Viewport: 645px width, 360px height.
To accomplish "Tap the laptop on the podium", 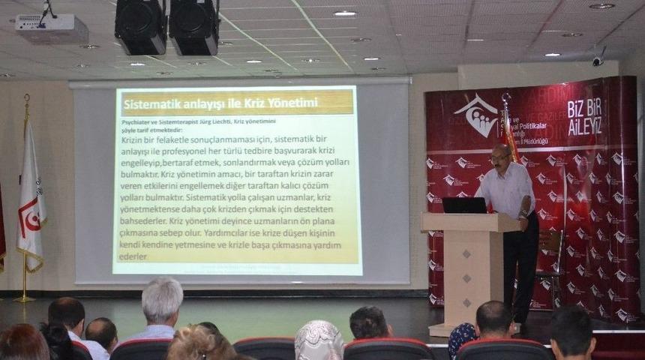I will coord(464,205).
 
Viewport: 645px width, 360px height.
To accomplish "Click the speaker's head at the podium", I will coord(500,157).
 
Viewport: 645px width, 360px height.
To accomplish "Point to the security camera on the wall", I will coord(598,58).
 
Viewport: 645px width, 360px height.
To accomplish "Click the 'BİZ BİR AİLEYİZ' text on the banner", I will coord(584,115).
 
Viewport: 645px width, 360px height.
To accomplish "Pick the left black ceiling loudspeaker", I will coord(140,27).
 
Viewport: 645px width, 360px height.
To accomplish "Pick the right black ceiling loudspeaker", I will coord(193,27).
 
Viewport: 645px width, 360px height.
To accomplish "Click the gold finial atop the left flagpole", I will coord(27,98).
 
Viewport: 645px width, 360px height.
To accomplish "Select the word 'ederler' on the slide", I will coord(133,257).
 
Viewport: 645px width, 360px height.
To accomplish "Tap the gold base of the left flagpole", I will coord(24,298).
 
